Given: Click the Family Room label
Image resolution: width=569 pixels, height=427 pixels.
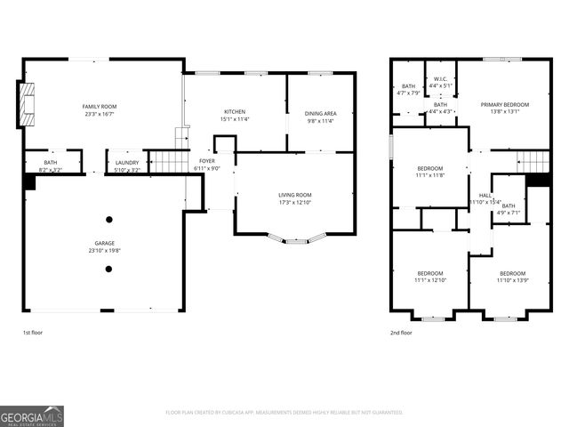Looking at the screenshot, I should tap(100, 107).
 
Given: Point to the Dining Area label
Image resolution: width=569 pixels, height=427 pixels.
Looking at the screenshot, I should tap(320, 113).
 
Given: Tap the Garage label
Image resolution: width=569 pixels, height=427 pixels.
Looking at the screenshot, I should tap(105, 243).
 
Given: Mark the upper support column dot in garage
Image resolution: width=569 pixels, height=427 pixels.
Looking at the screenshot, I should tap(108, 219).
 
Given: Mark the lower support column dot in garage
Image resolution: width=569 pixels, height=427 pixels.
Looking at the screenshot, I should tap(108, 268).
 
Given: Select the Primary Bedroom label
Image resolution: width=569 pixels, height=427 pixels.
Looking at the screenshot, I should tap(505, 105).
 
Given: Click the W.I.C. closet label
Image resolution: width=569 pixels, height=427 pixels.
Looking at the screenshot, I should tap(439, 79).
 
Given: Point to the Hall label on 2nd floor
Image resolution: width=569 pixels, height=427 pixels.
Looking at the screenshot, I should tap(485, 195).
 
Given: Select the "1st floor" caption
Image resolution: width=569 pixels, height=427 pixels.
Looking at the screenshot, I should tap(32, 333).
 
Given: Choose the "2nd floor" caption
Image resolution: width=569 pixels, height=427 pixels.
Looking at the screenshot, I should tap(400, 333).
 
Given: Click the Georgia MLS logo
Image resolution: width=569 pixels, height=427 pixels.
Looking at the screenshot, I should tap(32, 415).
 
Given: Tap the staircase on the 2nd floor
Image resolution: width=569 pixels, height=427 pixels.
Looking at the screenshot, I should tap(533, 162).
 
